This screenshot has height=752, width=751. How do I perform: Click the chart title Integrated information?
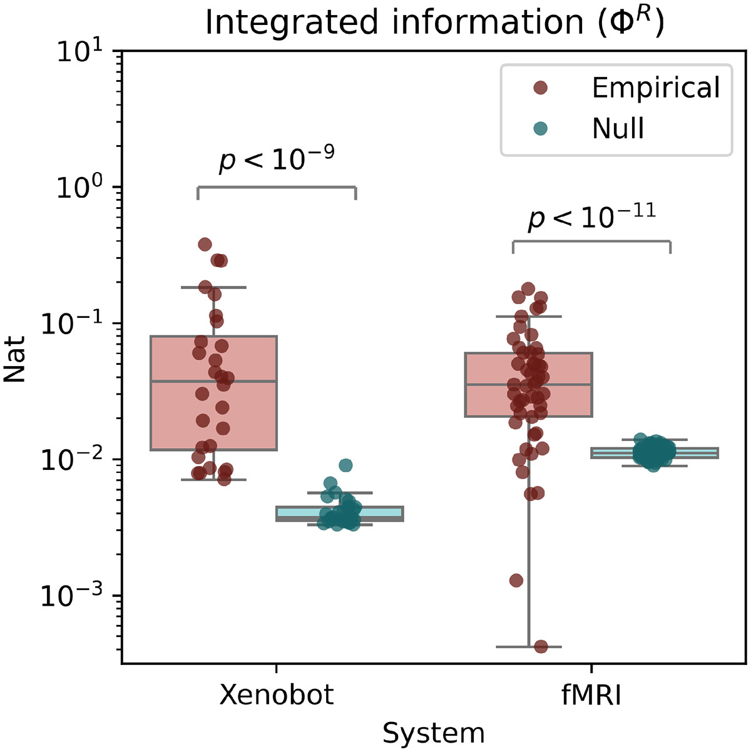[434, 23]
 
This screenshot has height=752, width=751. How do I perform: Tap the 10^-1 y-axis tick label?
[78, 323]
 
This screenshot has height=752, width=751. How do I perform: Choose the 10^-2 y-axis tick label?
[78, 460]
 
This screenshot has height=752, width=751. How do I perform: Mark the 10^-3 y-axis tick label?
[78, 596]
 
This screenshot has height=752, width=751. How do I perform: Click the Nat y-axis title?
[15, 359]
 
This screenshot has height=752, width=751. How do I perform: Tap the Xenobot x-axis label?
[277, 695]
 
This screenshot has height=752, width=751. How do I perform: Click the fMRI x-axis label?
[591, 695]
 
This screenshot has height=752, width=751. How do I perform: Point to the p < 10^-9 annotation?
[276, 160]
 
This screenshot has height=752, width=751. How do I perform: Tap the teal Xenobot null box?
[382, 514]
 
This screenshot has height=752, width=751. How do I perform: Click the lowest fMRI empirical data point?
[541, 646]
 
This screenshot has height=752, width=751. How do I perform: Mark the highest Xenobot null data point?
[345, 465]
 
